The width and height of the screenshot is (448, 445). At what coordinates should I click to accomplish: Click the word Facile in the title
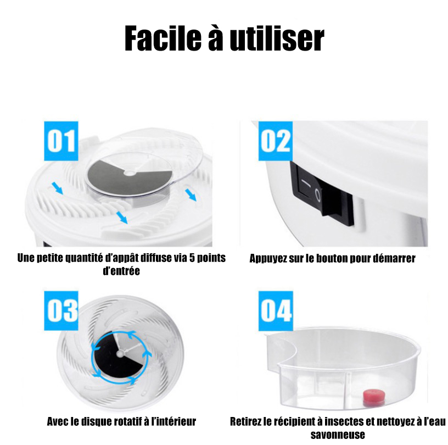coord(163,38)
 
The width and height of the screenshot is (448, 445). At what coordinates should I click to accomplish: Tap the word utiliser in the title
coord(277,38)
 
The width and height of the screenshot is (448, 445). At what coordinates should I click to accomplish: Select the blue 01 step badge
coord(61,141)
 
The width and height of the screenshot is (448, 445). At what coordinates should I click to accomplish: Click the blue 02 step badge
coord(276,141)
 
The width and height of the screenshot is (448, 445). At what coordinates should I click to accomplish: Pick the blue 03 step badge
coord(61,310)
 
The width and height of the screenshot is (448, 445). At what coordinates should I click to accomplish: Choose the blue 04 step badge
coord(276,311)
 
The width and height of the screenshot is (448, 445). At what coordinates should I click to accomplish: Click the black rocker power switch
coord(322,193)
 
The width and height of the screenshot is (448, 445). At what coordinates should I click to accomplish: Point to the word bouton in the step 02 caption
coord(332,258)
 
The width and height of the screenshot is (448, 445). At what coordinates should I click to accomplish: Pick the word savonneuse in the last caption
coord(338,435)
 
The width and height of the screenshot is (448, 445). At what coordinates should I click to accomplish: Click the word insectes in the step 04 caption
coord(344,421)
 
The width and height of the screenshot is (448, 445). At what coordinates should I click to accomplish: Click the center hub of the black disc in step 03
coord(120,353)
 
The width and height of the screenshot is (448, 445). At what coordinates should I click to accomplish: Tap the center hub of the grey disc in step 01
coord(130,173)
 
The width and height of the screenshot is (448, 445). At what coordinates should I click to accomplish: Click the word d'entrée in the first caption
coord(121,270)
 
